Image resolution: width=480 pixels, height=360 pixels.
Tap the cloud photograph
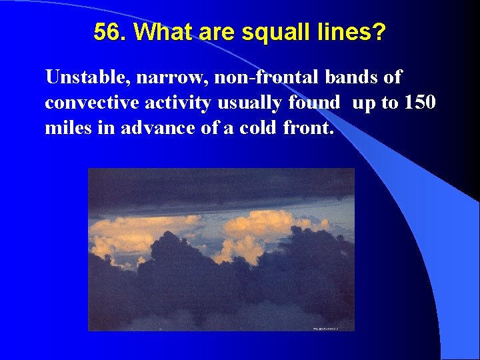pyautogui.click(x=221, y=249)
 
